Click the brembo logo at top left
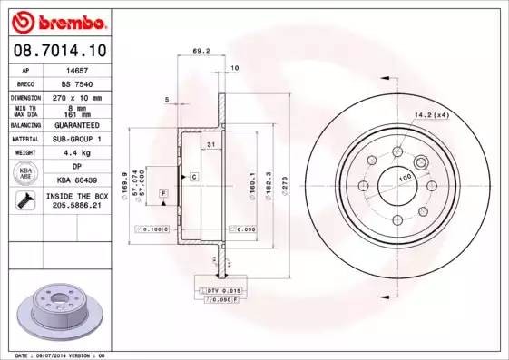(57, 20)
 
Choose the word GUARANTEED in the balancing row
(80, 124)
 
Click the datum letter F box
(163, 193)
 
